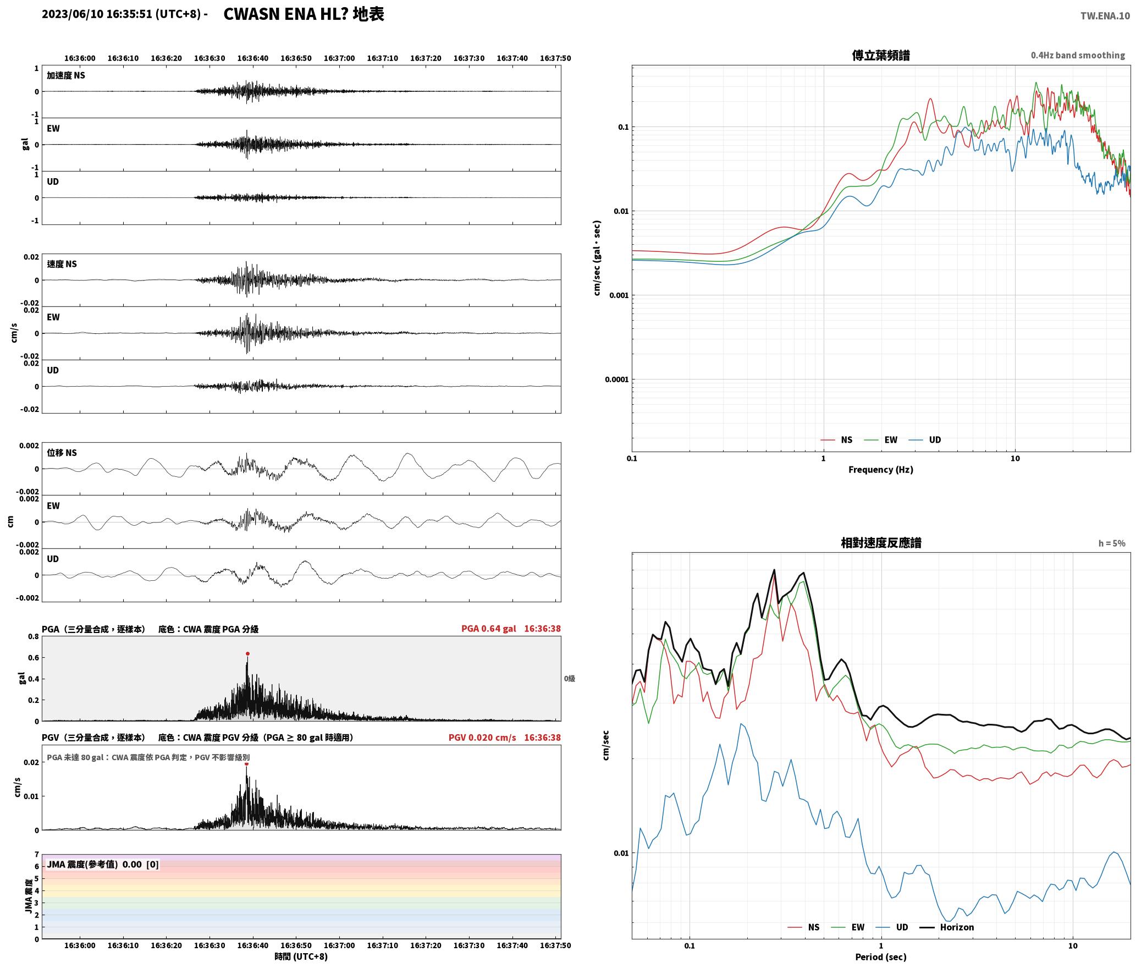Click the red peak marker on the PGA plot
coord(247,653)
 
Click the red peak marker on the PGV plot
coord(246,763)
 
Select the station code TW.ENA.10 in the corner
coord(1105,16)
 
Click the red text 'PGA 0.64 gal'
coord(488,629)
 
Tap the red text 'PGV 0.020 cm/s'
coord(482,738)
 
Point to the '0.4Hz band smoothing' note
coord(1078,55)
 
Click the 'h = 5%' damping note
coord(1112,543)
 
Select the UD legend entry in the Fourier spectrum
coord(925,440)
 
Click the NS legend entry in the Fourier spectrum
coord(836,440)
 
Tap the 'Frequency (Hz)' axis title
coord(881,470)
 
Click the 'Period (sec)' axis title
coord(881,957)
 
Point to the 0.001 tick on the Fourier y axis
coord(619,295)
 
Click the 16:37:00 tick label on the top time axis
coord(339,58)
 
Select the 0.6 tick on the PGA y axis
coord(33,658)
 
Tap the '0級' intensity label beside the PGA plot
coord(570,679)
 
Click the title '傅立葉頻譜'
coord(881,56)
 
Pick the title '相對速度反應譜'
coord(881,543)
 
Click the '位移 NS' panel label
coord(62,453)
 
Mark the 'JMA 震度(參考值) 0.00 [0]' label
coord(103,864)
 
